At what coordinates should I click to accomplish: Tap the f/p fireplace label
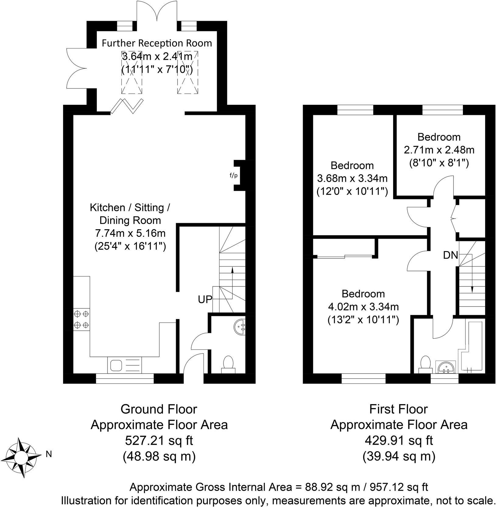233,176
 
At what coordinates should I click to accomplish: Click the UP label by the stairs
205,299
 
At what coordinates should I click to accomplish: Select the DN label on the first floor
450,255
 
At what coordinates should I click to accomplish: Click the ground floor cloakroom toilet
228,364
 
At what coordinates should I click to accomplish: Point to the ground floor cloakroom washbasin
240,327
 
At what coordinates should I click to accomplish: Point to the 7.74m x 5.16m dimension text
130,233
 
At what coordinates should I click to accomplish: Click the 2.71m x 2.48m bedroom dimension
439,150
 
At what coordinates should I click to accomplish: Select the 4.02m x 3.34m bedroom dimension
363,306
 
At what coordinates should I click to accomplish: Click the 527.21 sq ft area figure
159,440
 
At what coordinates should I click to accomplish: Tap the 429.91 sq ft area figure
399,440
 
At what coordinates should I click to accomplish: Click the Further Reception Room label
157,43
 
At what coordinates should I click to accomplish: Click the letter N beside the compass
48,454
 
